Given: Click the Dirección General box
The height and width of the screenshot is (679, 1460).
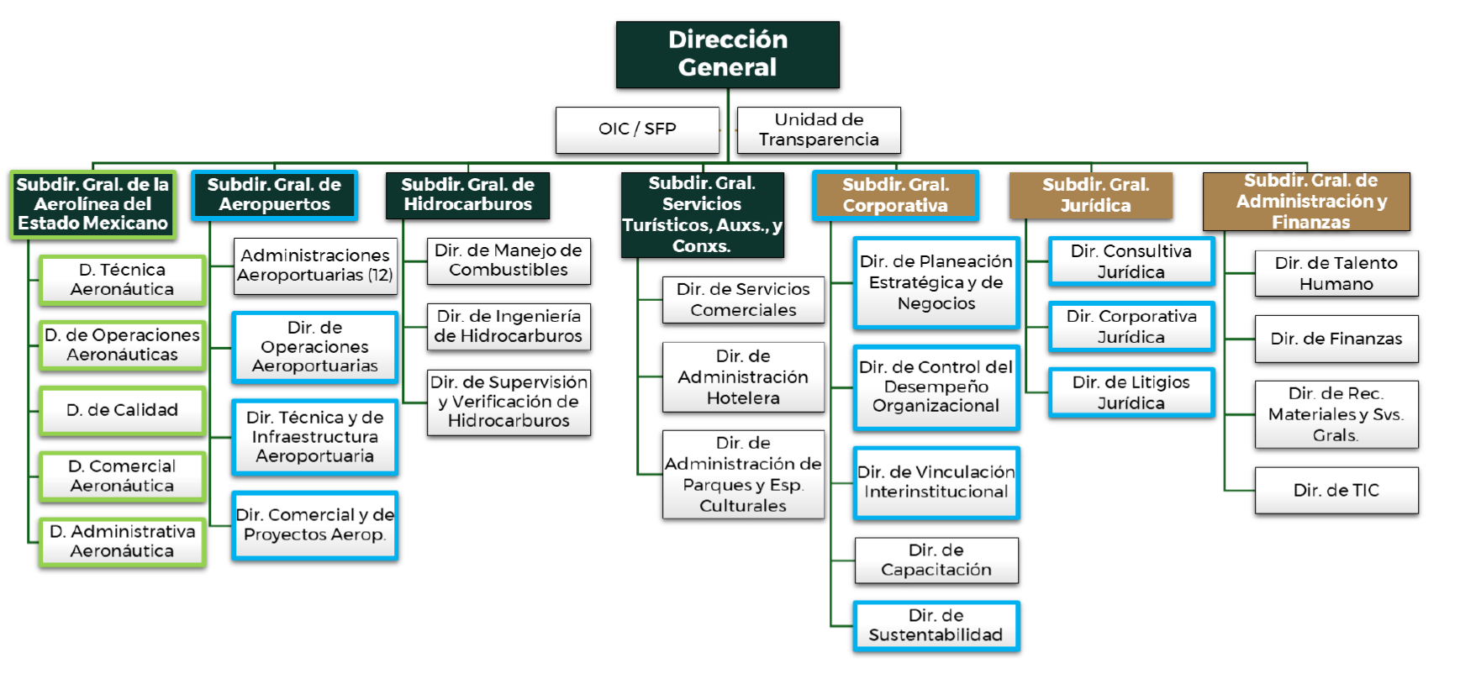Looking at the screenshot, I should point(727,55).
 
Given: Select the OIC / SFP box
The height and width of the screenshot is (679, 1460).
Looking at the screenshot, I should point(637,129).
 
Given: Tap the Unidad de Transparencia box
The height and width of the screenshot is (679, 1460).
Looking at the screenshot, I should point(819,129).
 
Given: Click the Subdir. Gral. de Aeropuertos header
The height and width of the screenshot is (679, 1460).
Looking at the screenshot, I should point(274,195).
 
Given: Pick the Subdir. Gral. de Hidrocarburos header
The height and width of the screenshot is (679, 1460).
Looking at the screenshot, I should point(467,195).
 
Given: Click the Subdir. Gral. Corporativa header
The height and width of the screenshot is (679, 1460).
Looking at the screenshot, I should point(895,195).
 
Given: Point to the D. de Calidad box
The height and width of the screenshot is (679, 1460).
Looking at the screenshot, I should point(122,410).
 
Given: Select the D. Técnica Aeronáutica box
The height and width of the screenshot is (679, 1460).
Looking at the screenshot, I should point(122,280).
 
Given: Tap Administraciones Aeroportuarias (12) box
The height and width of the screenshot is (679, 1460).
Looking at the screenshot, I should point(315,266).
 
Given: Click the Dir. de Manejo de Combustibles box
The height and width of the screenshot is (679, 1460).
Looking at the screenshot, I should point(509,261).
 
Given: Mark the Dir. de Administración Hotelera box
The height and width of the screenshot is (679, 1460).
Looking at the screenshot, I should point(743,377).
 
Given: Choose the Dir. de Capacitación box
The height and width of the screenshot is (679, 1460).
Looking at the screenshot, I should point(936,561).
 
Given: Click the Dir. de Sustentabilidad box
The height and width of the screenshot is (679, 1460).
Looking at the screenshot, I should point(936,625).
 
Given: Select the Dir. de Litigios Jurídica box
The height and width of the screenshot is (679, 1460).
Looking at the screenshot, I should point(1131,392).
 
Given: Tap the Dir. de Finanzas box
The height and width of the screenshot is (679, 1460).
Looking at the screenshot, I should point(1336,339).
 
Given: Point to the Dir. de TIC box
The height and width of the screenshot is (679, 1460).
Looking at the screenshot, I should point(1336,490).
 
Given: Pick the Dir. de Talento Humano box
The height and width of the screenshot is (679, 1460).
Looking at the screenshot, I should point(1336,273).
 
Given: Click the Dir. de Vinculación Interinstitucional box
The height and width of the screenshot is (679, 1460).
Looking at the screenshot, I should point(936,482).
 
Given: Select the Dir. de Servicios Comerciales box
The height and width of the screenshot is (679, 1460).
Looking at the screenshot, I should point(743,300).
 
